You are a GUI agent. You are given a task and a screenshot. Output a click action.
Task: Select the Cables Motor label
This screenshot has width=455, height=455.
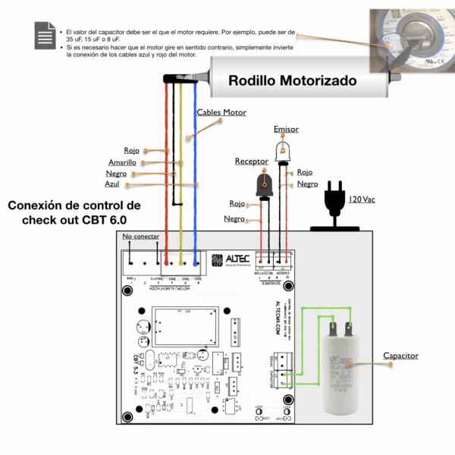click(221, 112)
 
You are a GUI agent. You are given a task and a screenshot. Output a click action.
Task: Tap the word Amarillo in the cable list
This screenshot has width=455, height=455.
click(122, 162)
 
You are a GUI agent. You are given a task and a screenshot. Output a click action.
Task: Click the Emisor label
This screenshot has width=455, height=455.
click(286, 130)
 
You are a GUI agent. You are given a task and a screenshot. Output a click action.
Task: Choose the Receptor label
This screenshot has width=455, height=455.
click(251, 161)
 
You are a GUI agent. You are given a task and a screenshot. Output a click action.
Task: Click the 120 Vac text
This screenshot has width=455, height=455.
click(361, 199)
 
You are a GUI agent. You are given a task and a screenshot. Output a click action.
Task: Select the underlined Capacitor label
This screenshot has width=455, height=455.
click(400, 356)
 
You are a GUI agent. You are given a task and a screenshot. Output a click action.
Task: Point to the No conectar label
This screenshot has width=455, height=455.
click(140, 237)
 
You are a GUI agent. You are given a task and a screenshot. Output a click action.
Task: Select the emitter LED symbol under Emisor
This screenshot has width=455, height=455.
click(283, 151)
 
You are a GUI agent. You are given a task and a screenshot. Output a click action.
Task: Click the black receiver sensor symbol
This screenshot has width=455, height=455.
click(265, 183)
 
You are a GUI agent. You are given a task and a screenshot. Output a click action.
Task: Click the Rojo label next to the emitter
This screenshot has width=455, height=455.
click(304, 172)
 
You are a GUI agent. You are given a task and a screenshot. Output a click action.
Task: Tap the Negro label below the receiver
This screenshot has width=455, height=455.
click(234, 218)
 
